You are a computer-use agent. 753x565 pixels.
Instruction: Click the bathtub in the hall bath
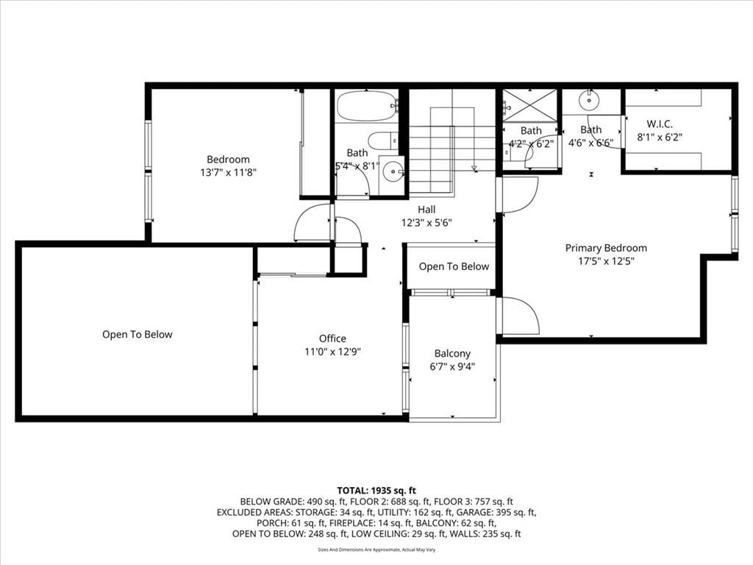point(368,106)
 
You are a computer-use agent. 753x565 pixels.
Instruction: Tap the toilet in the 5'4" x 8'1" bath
point(383,141)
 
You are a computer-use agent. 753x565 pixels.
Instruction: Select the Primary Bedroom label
point(606,248)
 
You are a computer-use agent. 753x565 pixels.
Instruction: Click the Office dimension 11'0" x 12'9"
point(332,352)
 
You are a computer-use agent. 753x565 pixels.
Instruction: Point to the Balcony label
point(452,354)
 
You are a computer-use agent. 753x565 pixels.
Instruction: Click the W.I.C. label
point(660,124)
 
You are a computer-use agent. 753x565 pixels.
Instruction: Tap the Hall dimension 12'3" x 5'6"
point(427,223)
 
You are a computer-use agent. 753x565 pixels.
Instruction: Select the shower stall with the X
point(529,105)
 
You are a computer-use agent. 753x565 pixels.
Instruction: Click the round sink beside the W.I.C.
point(588,101)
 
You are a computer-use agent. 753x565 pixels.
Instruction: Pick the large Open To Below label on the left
point(137,335)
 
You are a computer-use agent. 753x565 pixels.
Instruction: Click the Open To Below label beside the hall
point(454,266)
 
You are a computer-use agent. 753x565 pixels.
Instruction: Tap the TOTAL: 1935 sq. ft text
point(376,491)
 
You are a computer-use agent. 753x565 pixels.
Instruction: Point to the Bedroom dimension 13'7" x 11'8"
point(228,172)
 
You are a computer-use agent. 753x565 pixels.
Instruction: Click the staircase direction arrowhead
point(474,168)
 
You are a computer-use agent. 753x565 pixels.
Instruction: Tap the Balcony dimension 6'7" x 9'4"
point(452,367)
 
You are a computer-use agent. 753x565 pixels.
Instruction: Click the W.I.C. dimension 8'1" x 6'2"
point(660,138)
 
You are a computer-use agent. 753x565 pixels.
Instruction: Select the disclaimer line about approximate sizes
point(376,550)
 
